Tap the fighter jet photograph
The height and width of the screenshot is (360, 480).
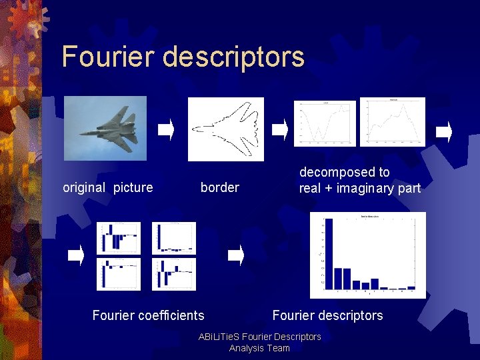coord(105,128)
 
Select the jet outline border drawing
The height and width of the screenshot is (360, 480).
coord(225,129)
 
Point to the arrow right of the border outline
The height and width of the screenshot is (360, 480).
coord(280,129)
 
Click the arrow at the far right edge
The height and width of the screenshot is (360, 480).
coord(444,131)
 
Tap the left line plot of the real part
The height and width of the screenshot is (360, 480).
coord(325,122)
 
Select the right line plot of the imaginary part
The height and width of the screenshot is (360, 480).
coord(392,122)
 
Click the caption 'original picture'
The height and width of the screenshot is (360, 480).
coord(107,187)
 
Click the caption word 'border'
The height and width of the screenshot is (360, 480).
coord(219,187)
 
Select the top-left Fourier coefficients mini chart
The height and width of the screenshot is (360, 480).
coord(119,237)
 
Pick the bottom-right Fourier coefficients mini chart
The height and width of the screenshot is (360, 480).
coord(174,274)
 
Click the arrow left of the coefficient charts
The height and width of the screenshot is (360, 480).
coord(76,255)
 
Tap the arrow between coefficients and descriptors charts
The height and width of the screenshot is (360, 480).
coord(236,255)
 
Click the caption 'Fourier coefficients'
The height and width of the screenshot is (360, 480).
coord(148,315)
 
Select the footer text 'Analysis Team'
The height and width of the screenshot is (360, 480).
coord(259,348)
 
